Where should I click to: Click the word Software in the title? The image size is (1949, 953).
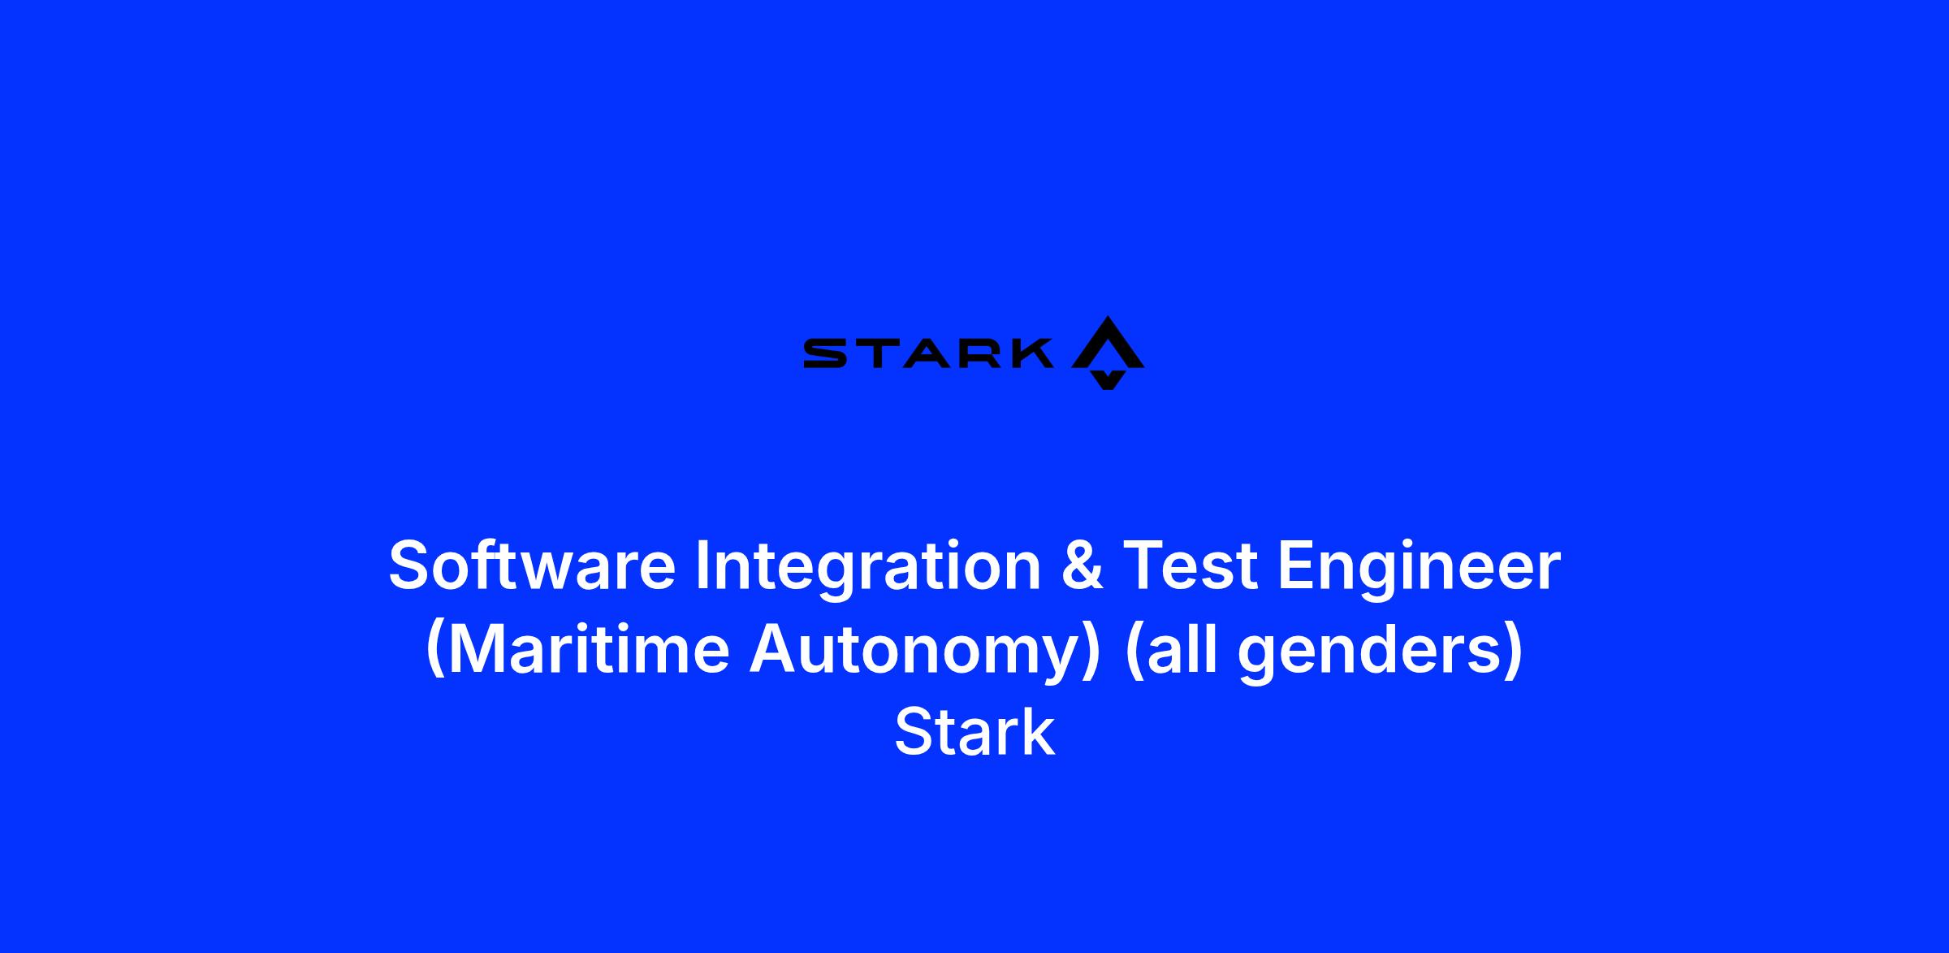532,565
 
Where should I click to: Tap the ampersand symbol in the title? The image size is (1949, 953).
1082,565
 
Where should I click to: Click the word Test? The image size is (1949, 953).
1191,565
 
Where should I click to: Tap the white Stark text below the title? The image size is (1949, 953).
974,733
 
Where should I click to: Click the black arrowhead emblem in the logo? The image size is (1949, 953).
1108,353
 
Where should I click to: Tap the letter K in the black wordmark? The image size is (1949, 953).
1028,354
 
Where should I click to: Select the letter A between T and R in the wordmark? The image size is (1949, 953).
925,354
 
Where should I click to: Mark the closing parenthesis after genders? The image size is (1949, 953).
1514,650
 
